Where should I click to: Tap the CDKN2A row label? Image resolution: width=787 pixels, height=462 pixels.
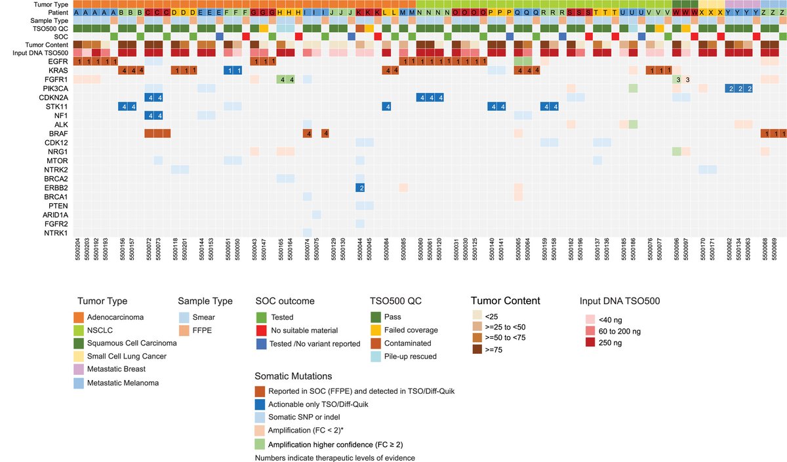(x=52, y=97)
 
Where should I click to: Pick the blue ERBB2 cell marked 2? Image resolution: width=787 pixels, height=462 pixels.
(x=360, y=187)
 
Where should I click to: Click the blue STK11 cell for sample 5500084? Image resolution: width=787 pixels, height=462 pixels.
(x=387, y=106)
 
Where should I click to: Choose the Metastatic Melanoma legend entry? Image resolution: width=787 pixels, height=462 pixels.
(x=125, y=383)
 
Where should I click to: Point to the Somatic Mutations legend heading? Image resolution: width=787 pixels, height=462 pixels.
(x=293, y=376)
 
